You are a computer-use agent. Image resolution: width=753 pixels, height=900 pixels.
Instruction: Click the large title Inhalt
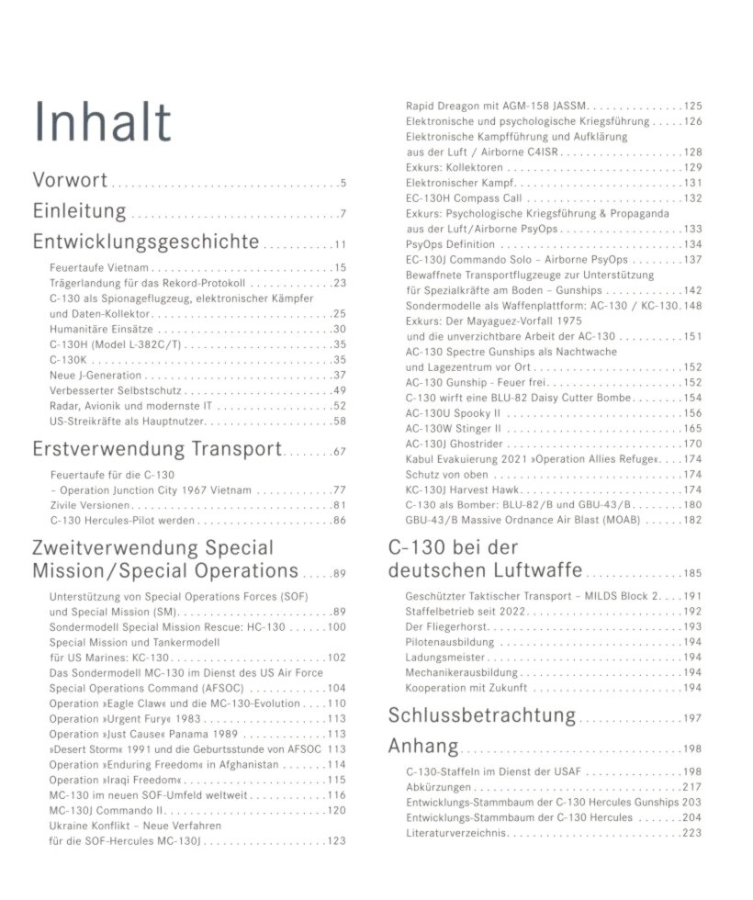pos(102,123)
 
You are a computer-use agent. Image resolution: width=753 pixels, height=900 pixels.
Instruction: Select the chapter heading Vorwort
pos(70,180)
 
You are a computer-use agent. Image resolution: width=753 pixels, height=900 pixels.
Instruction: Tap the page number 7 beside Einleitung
pos(342,216)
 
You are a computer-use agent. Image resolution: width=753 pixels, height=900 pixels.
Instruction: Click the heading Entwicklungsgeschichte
pos(145,242)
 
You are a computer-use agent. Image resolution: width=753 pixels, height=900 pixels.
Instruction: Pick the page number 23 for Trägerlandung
pos(339,283)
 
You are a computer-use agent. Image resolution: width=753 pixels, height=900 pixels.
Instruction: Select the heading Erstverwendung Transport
pos(156,449)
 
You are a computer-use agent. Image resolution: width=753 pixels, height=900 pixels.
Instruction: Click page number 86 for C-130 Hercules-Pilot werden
pos(339,521)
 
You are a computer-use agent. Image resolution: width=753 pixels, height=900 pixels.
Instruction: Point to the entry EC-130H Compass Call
pos(464,198)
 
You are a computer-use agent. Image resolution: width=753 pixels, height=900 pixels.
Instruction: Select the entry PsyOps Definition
pos(450,244)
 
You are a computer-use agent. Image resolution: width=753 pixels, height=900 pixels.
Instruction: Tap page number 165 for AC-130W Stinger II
pos(691,429)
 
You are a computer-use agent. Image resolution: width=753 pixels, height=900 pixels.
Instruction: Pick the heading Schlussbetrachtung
pos(482,715)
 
